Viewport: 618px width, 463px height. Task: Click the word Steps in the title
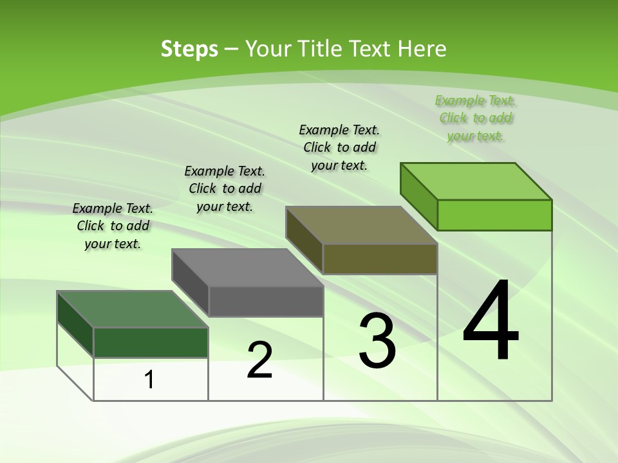click(x=189, y=49)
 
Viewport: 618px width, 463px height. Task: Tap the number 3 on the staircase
click(x=377, y=340)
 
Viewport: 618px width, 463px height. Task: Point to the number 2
click(x=259, y=359)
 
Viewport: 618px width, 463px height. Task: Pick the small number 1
click(x=149, y=379)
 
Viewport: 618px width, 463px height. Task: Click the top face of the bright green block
click(x=476, y=181)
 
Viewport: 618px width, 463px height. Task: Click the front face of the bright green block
click(x=494, y=215)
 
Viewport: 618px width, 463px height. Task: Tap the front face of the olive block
click(x=380, y=259)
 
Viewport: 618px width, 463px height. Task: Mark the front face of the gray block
click(x=266, y=301)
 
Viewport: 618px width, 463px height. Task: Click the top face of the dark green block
click(x=133, y=309)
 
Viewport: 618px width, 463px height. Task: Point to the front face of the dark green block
click(x=151, y=342)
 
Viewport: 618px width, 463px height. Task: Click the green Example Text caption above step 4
click(x=476, y=118)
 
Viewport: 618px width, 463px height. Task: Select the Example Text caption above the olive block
click(x=339, y=147)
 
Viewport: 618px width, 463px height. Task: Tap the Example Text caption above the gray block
click(x=225, y=188)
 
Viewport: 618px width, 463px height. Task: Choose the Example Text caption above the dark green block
click(x=113, y=226)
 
